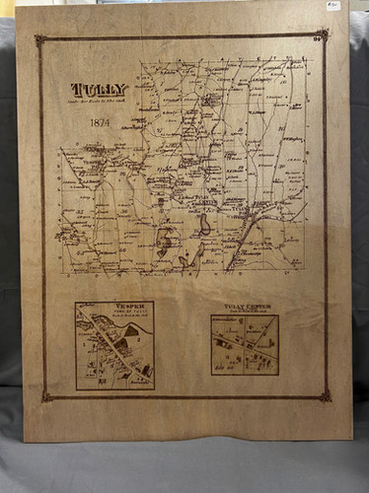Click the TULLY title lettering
tap(99, 90)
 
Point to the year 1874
tap(99, 122)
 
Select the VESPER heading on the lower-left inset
tap(114, 307)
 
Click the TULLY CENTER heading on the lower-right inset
tap(244, 307)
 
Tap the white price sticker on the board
tap(332, 5)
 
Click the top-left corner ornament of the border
tap(40, 40)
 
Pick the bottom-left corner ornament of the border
tap(46, 395)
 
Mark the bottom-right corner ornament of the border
tap(325, 395)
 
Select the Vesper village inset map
tap(114, 351)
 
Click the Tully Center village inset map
tap(244, 346)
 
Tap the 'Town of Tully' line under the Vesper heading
tap(114, 314)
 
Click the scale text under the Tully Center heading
tap(244, 313)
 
